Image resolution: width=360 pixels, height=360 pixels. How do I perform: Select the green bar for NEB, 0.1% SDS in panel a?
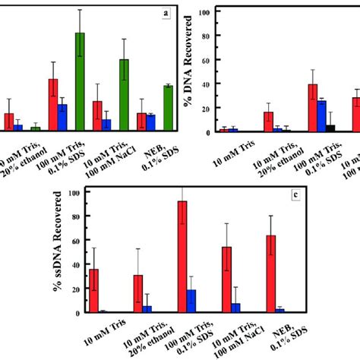168,109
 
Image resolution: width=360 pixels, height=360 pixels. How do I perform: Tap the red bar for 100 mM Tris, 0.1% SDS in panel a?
53,105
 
